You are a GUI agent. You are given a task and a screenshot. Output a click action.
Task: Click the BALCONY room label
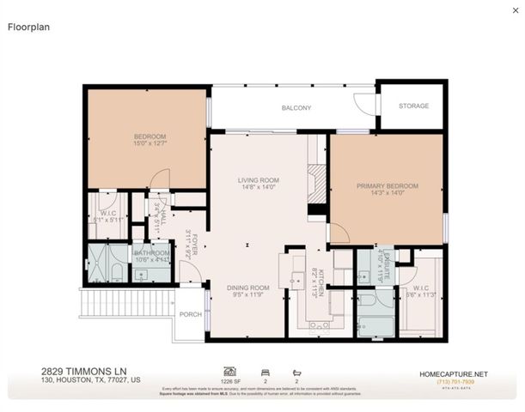click(296, 108)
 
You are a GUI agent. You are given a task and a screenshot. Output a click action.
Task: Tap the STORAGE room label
click(412, 107)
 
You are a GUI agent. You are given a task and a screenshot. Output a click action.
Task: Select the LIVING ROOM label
click(259, 180)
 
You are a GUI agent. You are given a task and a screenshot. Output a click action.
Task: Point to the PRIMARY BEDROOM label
click(388, 186)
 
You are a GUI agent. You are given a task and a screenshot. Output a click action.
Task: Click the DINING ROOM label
click(247, 288)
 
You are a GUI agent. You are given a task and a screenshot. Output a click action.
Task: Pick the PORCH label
click(190, 315)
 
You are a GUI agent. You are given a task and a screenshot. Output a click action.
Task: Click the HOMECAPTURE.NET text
click(453, 373)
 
